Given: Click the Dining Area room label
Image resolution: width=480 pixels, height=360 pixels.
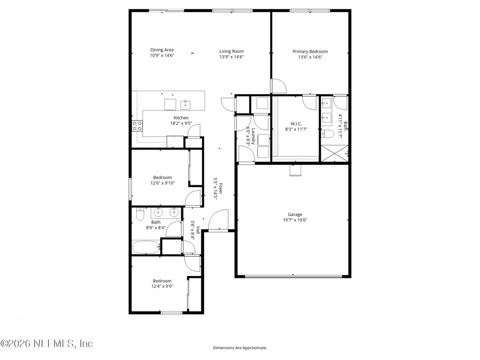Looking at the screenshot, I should pos(161,51).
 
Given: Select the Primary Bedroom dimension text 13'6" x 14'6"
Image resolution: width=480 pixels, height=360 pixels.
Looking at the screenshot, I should pos(310,58).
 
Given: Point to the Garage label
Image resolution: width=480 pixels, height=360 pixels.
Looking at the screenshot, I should pos(295,214).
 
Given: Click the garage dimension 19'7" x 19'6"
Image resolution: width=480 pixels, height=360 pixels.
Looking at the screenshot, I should pos(295,220).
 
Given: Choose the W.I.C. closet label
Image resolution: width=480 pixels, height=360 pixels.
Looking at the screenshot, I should pos(296,124).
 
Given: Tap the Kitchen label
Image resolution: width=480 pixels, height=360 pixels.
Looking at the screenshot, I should pos(181,118).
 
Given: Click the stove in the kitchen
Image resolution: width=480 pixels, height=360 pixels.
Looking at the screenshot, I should pos(137,126).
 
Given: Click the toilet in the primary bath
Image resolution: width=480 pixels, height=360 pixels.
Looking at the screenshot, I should pos(327,133).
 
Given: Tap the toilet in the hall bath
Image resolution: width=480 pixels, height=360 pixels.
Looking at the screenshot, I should pos(139,214).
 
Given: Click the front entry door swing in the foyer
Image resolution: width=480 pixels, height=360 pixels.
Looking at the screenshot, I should pos(220,220).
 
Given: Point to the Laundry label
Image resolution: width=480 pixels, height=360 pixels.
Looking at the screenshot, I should pos(254,136).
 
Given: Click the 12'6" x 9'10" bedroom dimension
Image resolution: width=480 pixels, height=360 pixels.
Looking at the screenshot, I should pos(162,184).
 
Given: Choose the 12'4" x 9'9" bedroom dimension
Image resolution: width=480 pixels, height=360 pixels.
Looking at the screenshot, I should pos(161,287).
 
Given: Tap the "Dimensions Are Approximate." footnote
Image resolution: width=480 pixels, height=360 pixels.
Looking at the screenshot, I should pos(240,348).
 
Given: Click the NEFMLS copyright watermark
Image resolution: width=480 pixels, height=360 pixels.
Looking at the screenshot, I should pos(47,344).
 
